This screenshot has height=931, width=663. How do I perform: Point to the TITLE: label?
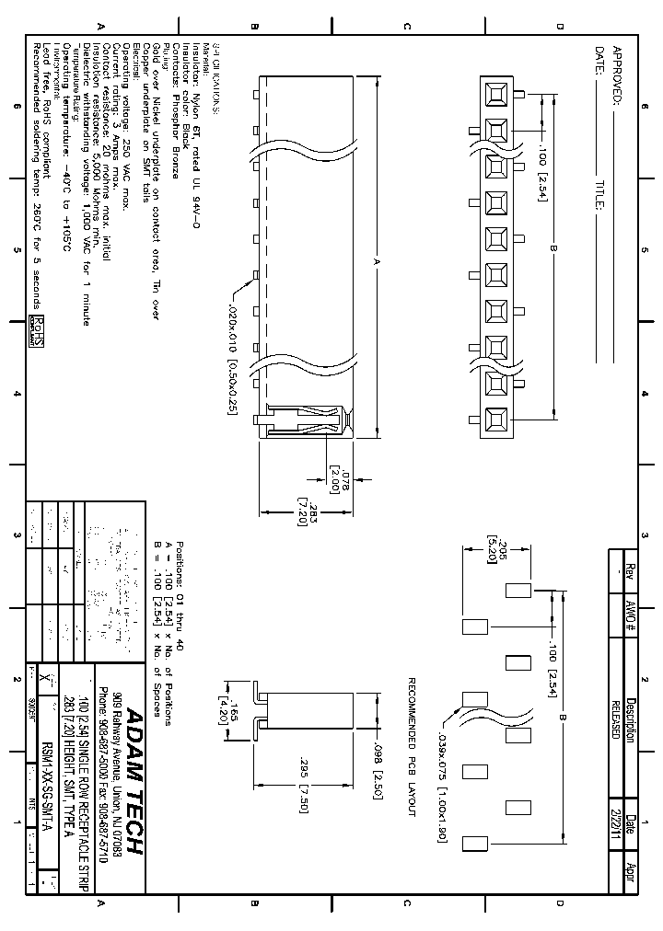[x=599, y=197]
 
